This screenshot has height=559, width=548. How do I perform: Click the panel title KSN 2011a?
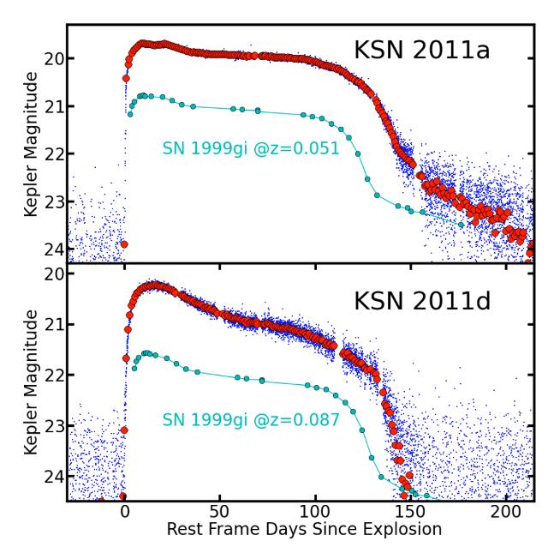point(421,51)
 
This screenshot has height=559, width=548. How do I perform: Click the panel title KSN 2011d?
point(421,304)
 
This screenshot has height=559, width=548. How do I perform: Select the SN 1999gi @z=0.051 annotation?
point(251,148)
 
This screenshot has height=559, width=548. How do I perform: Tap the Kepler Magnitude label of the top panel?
point(31,143)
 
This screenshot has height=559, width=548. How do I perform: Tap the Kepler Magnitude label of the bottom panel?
point(31,382)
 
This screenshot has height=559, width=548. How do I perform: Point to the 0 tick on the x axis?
point(125,511)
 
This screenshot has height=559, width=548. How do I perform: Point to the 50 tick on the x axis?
point(220,511)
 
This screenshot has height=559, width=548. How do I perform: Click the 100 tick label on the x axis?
point(315,511)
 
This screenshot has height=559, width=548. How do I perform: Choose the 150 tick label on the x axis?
point(410,511)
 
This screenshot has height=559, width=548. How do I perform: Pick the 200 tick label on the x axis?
point(505,511)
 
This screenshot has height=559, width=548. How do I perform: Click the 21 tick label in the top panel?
point(54,106)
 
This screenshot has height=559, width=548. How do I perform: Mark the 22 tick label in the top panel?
point(54,154)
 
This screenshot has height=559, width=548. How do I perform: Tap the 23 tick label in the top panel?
point(54,201)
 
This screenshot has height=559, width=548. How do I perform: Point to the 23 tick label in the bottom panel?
point(54,425)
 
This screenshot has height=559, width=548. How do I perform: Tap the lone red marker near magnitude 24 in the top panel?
point(124,244)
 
